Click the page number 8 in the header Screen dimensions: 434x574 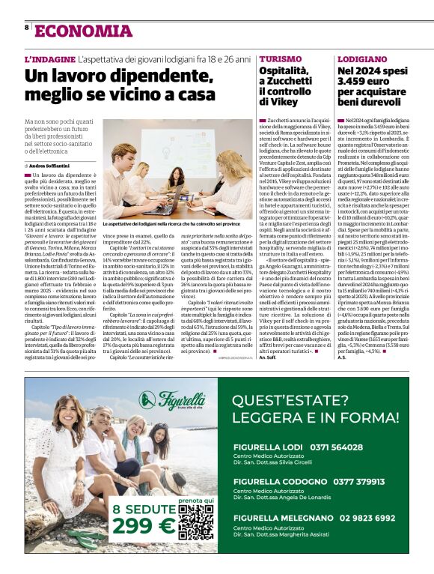coord(27,28)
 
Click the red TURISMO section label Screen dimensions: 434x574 coord(280,58)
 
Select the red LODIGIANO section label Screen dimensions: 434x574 coord(362,58)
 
